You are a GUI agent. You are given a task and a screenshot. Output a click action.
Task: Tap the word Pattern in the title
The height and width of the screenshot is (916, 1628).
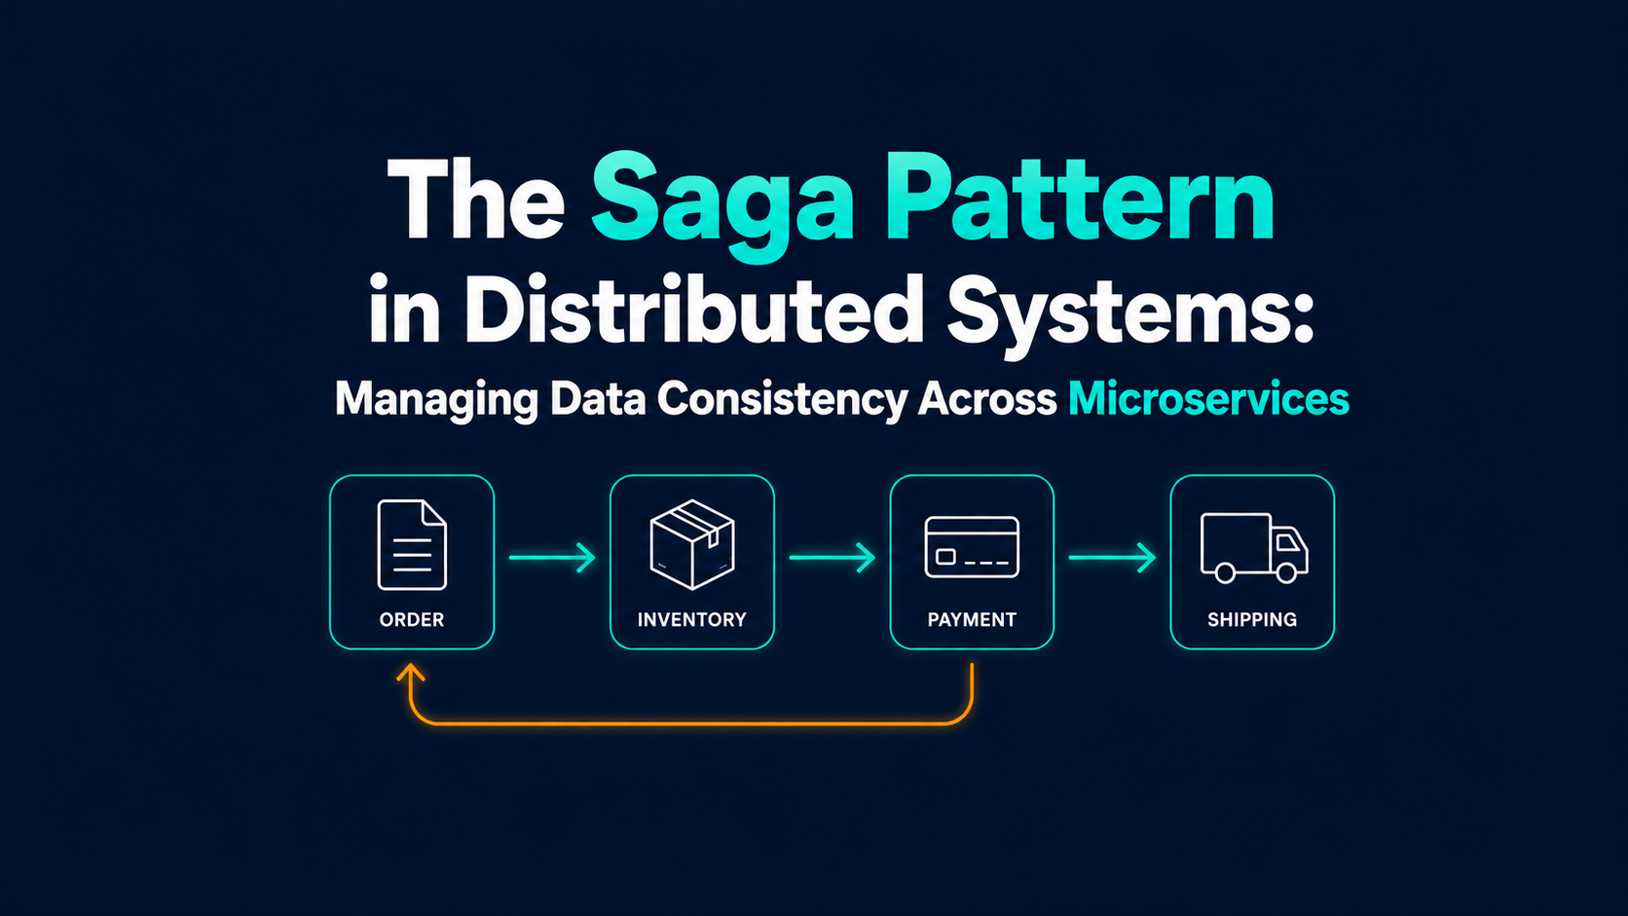pos(1080,197)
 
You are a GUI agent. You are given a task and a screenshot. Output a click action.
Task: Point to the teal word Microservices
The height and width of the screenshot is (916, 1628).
pos(1208,399)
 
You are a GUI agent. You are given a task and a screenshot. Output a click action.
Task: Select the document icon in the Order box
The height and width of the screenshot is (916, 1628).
pos(412,545)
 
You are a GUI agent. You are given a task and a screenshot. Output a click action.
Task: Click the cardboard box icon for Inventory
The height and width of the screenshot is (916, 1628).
pos(692,544)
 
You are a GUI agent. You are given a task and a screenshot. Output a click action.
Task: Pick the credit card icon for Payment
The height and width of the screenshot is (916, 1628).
pos(972,547)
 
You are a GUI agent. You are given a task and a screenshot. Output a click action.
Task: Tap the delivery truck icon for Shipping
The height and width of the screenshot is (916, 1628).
pos(1254,548)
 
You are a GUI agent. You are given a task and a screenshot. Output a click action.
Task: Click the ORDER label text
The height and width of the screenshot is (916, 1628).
pos(411,620)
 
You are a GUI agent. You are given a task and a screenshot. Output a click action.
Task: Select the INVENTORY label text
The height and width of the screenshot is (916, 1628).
pos(692,620)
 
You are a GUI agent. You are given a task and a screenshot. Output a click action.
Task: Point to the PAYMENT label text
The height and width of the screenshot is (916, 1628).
pos(972,620)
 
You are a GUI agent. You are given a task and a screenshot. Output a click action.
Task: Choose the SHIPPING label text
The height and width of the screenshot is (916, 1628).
pos(1252,620)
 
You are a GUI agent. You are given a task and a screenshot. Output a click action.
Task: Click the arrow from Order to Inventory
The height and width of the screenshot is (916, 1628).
pos(552,557)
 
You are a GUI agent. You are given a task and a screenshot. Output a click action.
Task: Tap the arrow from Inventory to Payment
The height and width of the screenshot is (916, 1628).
pos(832,557)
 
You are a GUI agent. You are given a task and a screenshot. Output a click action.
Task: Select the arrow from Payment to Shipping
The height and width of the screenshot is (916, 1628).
pos(1112,557)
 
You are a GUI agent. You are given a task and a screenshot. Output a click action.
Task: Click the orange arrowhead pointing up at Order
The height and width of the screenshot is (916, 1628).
pos(411,672)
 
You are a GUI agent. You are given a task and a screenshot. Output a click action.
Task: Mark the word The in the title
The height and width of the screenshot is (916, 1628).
pos(476,199)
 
